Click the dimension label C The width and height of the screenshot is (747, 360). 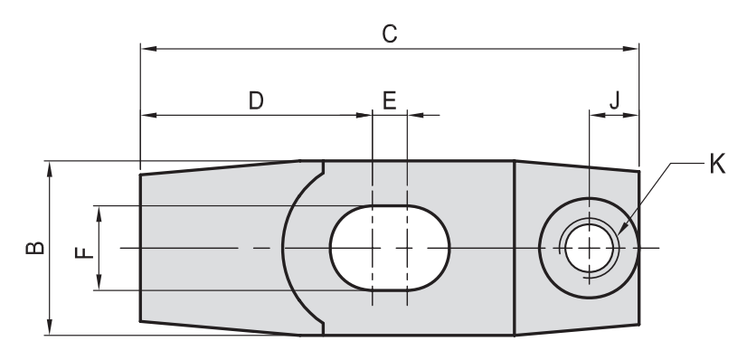390,34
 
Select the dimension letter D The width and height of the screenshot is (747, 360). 256,101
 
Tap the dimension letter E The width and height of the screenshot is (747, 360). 390,101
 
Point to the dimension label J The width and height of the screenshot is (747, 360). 615,100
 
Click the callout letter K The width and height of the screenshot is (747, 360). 717,164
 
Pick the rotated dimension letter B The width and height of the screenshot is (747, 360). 35,248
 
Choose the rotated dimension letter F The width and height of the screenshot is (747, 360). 84,252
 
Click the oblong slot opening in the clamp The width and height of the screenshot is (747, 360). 390,248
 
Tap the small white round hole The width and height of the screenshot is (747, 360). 590,248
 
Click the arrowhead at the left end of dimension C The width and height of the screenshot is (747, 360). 148,48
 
